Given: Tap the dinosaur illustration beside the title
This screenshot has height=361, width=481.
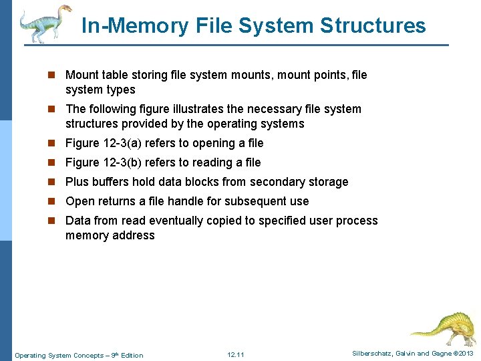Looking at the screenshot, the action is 45,24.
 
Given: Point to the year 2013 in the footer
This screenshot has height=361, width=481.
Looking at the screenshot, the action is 466,353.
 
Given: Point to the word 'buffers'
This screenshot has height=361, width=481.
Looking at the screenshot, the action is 110,182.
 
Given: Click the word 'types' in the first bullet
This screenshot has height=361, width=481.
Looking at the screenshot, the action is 121,90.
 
